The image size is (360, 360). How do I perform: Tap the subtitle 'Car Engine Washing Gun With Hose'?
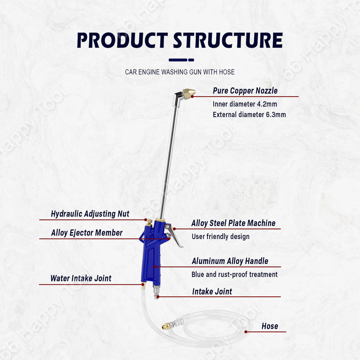(x=180, y=72)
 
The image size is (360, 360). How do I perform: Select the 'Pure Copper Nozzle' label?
(x=245, y=91)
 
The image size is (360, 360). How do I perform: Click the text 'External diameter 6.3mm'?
(x=249, y=115)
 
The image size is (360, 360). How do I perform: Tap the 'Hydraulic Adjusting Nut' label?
(x=90, y=214)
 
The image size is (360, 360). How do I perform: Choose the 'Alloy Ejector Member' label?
(x=87, y=233)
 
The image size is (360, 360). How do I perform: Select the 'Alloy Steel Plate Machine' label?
(x=233, y=223)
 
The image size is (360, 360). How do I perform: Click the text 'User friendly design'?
(x=220, y=237)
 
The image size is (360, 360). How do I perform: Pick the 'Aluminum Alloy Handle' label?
(x=230, y=261)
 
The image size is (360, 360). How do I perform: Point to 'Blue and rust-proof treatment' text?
(x=234, y=275)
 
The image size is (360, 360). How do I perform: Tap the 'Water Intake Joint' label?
(x=81, y=278)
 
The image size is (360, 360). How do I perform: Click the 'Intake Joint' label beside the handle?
(x=212, y=291)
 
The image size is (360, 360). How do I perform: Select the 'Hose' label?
(x=270, y=326)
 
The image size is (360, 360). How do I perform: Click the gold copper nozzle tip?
(x=189, y=93)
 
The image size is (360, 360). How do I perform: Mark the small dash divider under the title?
(x=181, y=60)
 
